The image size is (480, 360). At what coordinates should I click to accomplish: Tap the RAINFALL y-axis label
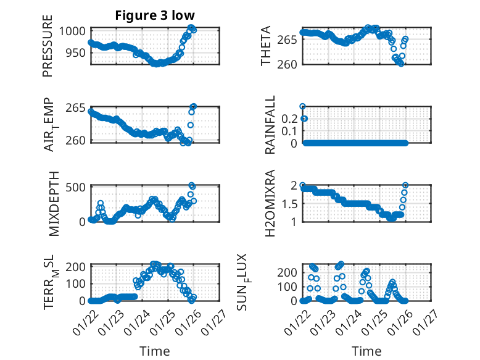pos(270,125)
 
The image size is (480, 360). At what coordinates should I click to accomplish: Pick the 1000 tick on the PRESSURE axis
pos(78,31)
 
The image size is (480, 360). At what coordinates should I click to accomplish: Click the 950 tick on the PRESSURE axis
pos(80,52)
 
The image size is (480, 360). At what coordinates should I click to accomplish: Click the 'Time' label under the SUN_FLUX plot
pos(366,351)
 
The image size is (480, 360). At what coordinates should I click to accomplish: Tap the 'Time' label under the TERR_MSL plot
pos(154,351)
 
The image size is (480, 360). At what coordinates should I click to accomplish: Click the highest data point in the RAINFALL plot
pos(302,106)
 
